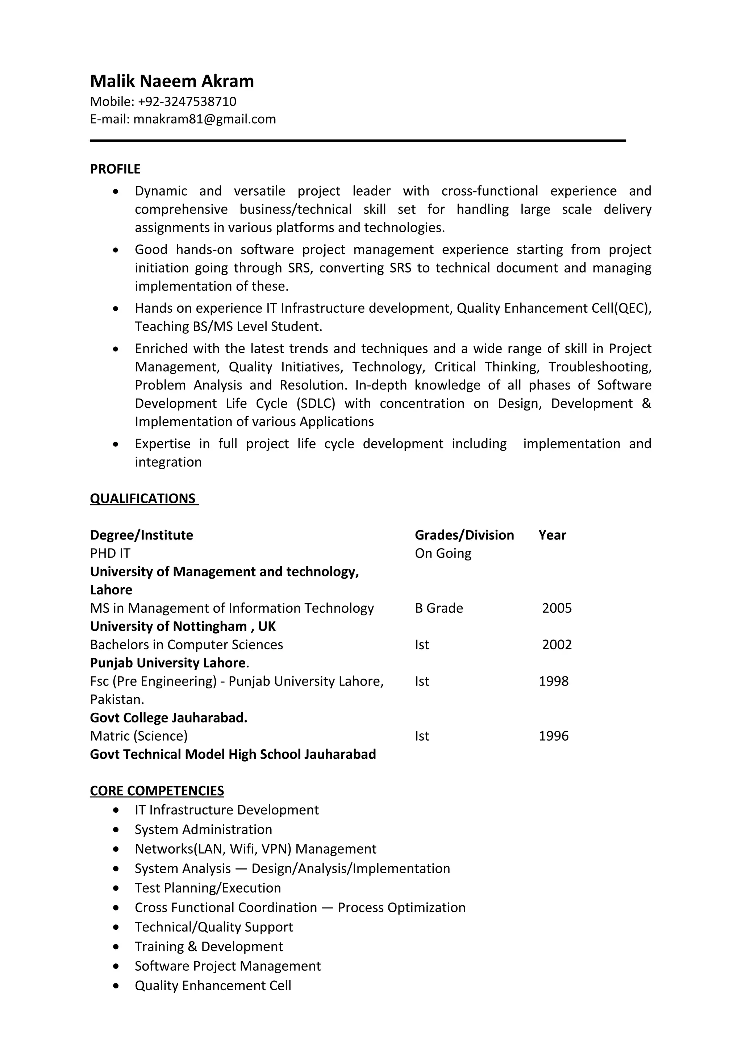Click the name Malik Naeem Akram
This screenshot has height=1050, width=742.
(172, 82)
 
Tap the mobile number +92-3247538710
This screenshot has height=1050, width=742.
(187, 101)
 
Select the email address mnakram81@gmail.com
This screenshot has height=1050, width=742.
(204, 119)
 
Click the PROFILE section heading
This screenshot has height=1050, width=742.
(115, 169)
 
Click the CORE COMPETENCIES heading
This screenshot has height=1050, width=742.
(157, 791)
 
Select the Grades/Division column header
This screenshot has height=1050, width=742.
(464, 535)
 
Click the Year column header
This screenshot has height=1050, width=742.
(552, 535)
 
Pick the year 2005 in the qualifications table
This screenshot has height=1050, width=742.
(556, 608)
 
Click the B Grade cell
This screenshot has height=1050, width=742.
(439, 608)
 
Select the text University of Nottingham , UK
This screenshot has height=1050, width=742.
(183, 626)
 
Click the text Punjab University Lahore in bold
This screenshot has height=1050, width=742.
(168, 663)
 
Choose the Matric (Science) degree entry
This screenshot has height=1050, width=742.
(139, 736)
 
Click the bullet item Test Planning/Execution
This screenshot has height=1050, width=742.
(208, 888)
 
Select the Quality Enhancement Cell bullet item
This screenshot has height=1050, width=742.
(213, 986)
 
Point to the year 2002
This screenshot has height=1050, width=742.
(556, 645)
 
